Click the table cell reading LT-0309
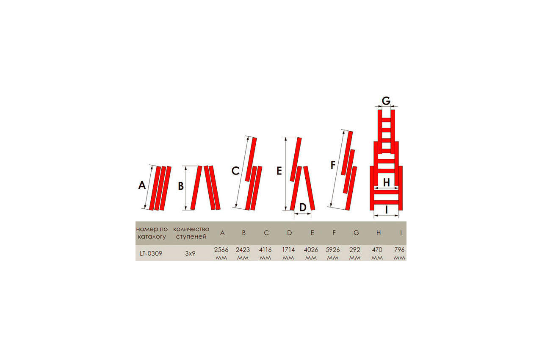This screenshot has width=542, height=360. pos(151,254)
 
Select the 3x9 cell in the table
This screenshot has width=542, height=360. pos(190,254)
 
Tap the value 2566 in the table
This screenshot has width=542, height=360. pos(221,250)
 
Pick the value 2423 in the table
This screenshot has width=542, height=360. pos(243,250)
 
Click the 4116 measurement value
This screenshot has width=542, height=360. pos(265,250)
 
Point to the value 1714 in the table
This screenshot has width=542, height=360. pos(288,250)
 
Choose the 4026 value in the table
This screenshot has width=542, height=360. pos(311,250)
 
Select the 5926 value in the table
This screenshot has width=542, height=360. pos(333,250)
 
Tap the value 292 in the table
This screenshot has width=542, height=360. pos(355,250)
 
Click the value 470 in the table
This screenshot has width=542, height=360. pos(377,250)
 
